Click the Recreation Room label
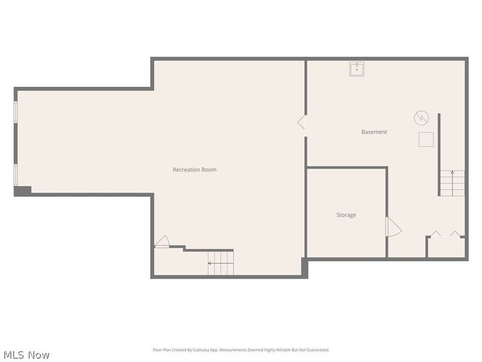coord(194,170)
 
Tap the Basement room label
coord(374,132)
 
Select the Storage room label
coord(346,215)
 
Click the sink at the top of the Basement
coord(357,69)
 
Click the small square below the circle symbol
coord(426,139)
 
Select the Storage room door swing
coord(392,227)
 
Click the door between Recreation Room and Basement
coord(301,122)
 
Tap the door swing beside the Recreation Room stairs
coord(161,242)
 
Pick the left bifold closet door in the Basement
coord(435,233)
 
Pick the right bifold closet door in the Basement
coord(455,233)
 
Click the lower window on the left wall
coord(16,174)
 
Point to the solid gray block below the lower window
coord(22,191)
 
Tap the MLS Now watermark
coord(27,355)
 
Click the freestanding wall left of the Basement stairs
coord(439,154)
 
